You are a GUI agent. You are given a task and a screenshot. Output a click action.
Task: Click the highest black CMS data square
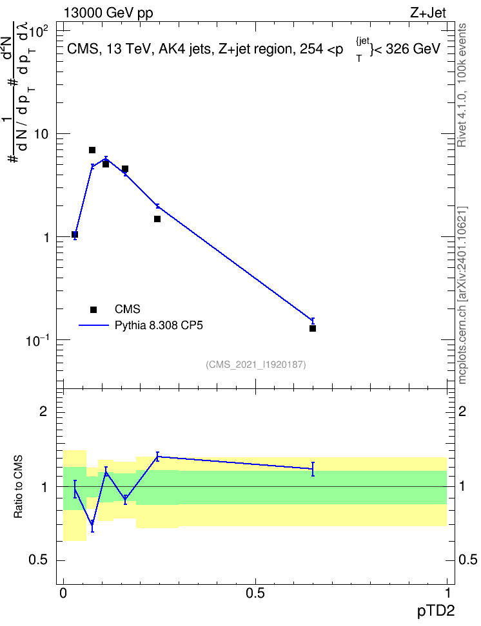pos(92,150)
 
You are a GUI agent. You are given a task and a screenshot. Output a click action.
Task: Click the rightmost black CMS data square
pos(313,328)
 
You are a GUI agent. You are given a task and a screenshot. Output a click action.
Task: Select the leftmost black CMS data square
pos(75,234)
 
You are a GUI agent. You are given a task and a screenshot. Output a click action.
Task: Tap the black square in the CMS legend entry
pos(93,309)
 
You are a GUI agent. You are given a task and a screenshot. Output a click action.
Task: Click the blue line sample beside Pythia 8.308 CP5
pos(93,325)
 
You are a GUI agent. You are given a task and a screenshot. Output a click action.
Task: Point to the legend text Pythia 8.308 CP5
pos(159,325)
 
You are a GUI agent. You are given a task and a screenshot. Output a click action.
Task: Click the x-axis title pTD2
pos(436,611)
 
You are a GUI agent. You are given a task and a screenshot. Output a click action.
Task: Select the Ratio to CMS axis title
pos(18,487)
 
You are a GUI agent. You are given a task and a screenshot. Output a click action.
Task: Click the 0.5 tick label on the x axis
pos(255,593)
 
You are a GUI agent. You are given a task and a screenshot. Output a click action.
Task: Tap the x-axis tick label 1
pos(447,593)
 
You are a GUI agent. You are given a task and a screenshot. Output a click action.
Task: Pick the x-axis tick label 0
pos(63,593)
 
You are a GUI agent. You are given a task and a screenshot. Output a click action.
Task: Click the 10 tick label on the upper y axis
pos(41,134)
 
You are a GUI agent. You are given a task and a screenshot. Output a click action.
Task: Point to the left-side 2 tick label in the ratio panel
pos(43,411)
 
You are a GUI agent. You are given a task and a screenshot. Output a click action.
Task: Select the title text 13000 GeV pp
pos(108,13)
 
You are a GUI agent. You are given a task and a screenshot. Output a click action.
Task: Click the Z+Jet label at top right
pos(428,13)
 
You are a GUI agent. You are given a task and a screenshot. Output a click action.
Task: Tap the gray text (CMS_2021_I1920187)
pos(256,365)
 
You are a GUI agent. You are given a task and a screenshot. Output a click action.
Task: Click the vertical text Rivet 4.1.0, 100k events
pos(462,85)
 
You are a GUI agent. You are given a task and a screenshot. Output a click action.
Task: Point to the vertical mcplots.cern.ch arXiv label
pos(462,296)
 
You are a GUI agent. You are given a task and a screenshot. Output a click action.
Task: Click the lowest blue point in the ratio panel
pos(92,524)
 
